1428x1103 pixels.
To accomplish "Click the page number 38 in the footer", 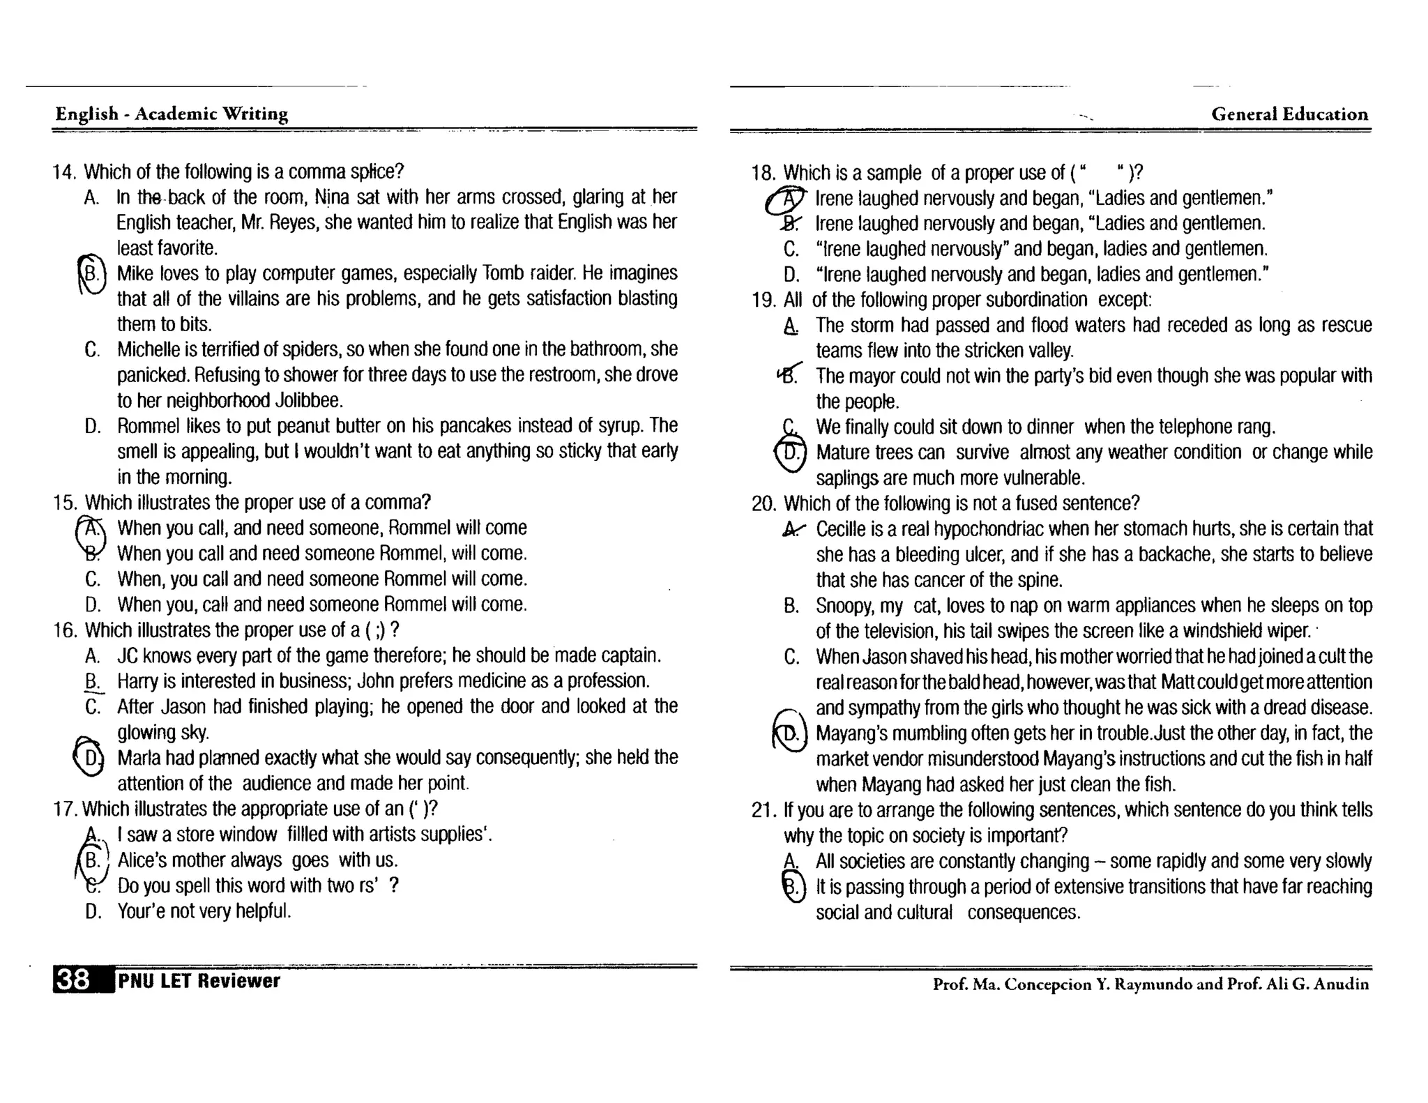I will pyautogui.click(x=73, y=980).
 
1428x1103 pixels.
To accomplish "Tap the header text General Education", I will pyautogui.click(x=1289, y=114).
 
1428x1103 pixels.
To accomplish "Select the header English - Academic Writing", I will pyautogui.click(x=172, y=114).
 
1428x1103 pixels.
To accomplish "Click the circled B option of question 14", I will pyautogui.click(x=92, y=273).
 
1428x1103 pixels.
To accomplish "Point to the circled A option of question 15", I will pyautogui.click(x=92, y=529).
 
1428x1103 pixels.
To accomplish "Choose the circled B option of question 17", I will pyautogui.click(x=92, y=860).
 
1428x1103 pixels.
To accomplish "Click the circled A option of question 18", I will pyautogui.click(x=789, y=199).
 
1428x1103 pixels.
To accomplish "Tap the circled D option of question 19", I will pyautogui.click(x=791, y=453).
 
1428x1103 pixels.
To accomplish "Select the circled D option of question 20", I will pyautogui.click(x=790, y=734).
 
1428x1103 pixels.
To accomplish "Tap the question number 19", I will pyautogui.click(x=764, y=301).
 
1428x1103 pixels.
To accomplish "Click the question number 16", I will pyautogui.click(x=64, y=630).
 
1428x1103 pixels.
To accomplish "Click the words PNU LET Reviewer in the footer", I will pyautogui.click(x=199, y=981).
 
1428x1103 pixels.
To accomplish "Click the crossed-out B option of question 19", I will pyautogui.click(x=789, y=376).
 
